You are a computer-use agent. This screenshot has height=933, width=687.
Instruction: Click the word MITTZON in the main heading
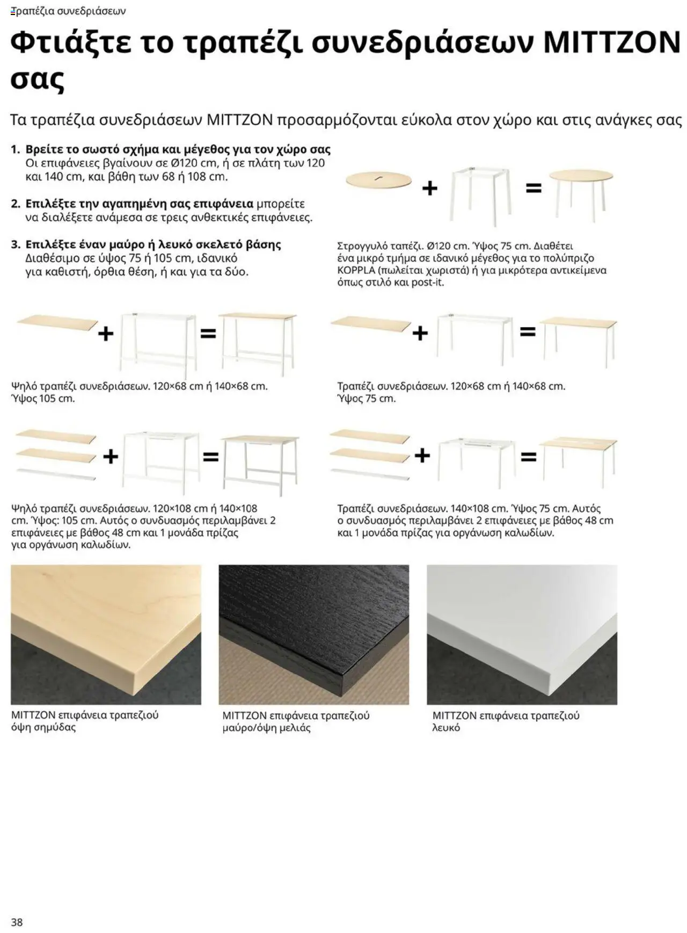(x=612, y=42)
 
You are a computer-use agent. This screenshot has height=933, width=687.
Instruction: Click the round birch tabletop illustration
(x=378, y=180)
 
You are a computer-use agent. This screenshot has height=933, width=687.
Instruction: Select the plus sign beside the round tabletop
(x=429, y=189)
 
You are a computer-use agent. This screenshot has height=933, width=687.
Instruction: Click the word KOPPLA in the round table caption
(x=356, y=270)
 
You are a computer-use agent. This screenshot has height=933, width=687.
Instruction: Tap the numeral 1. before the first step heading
(x=16, y=149)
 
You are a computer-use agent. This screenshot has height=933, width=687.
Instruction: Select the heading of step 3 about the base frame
(x=153, y=244)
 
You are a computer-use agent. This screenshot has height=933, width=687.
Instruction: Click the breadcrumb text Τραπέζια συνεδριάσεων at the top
(x=68, y=11)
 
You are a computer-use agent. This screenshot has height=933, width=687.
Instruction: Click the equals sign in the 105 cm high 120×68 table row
(x=208, y=333)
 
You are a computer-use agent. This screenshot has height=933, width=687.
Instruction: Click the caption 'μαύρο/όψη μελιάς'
(x=266, y=728)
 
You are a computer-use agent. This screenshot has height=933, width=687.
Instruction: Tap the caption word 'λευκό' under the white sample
(x=446, y=728)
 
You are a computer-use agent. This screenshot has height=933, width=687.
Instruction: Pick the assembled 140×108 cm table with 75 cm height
(x=579, y=459)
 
